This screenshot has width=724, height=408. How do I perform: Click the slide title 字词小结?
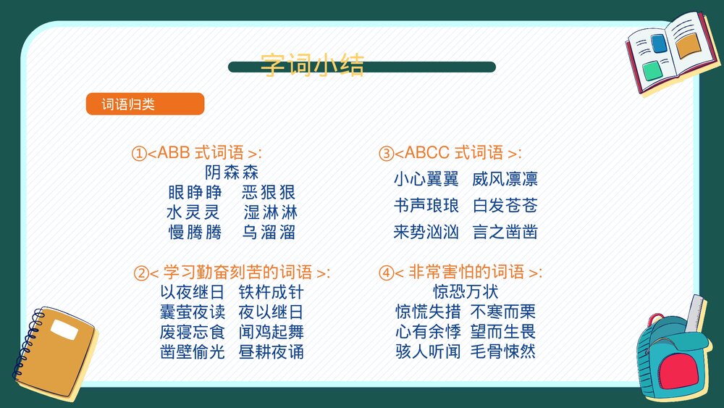[312, 64]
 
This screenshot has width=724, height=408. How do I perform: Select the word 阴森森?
[232, 172]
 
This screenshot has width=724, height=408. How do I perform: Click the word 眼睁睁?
[195, 193]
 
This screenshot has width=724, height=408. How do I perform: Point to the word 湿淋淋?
[270, 212]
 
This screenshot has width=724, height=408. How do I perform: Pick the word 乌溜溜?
[269, 233]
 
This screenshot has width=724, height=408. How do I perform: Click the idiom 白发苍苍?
[505, 206]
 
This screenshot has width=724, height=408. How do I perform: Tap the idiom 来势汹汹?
[426, 233]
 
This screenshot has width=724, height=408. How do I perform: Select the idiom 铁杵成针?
[271, 293]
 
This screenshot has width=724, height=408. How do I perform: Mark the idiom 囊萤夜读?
[193, 312]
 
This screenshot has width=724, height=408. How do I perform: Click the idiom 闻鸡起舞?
[271, 333]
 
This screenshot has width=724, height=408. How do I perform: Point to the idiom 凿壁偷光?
[193, 352]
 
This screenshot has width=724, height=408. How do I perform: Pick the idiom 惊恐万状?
[466, 293]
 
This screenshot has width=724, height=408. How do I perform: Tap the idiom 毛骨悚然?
[503, 352]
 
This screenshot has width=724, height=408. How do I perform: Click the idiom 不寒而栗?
[503, 312]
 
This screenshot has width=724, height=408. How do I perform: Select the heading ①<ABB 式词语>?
[196, 153]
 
